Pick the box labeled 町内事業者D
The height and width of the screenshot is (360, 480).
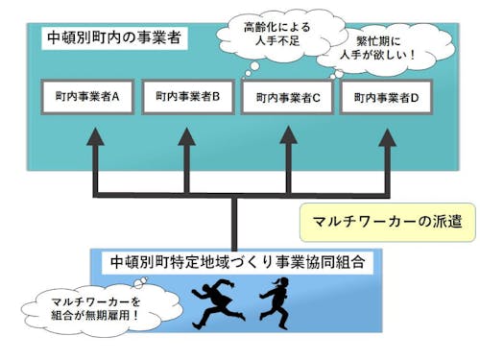point(387,97)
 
